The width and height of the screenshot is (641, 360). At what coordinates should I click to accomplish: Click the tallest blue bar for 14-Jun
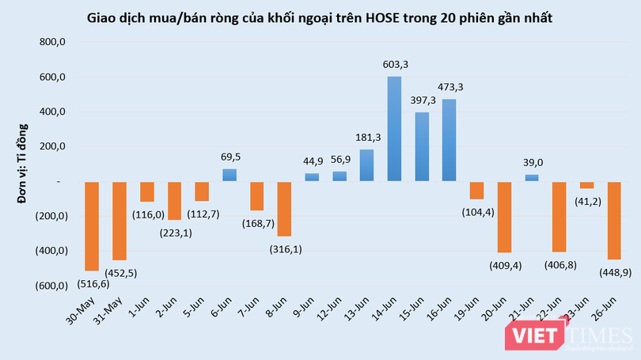[394, 129]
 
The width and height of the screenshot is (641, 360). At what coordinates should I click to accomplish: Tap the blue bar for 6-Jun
[229, 175]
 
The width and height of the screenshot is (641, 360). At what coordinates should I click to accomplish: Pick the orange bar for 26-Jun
[613, 221]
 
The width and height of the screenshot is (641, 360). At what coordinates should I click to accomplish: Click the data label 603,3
[394, 64]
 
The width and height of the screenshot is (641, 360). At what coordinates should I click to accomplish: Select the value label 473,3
[449, 87]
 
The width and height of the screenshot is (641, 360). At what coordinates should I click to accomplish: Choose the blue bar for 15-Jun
[421, 146]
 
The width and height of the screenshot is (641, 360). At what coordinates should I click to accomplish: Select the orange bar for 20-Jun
[504, 217]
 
